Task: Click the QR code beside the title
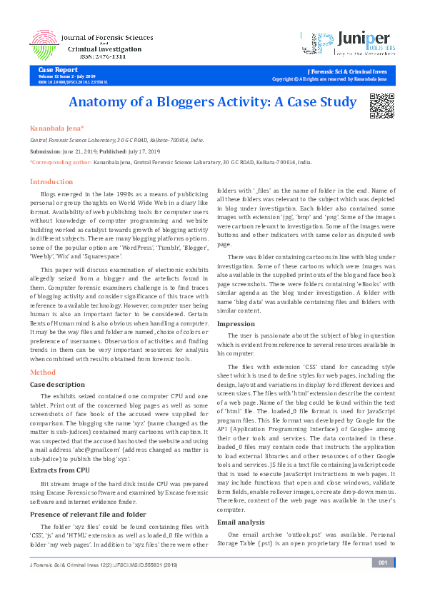382,105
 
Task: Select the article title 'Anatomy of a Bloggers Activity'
212,101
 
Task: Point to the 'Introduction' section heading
51,182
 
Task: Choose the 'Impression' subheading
235,323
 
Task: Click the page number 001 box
384,582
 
